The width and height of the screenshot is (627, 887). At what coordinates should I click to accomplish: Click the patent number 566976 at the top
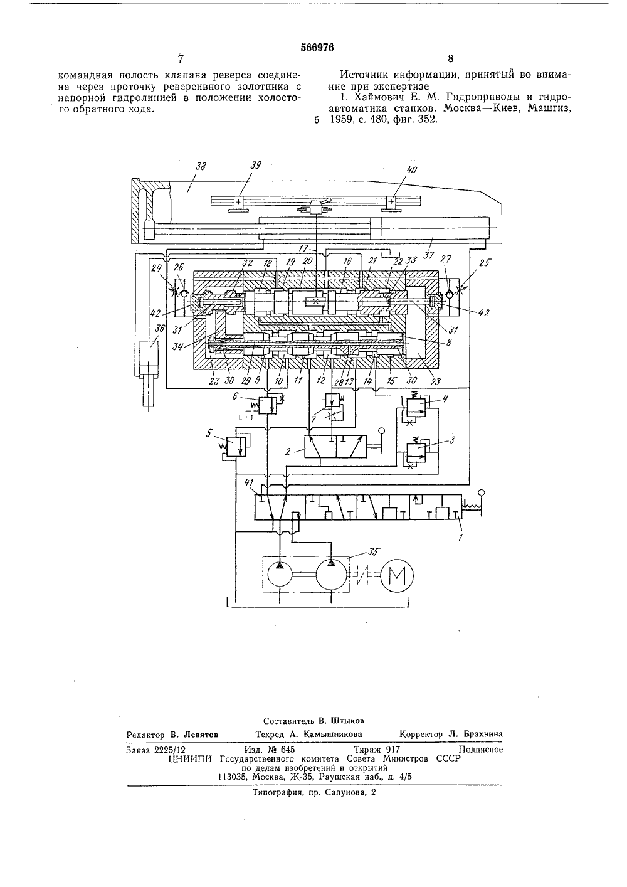pyautogui.click(x=317, y=48)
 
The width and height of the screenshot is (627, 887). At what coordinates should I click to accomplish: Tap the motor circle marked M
pyautogui.click(x=397, y=575)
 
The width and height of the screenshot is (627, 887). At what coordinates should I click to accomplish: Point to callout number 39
pyautogui.click(x=256, y=165)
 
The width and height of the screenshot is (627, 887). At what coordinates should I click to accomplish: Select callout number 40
pyautogui.click(x=411, y=170)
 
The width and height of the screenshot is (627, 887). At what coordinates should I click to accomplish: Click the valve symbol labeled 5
pyautogui.click(x=236, y=447)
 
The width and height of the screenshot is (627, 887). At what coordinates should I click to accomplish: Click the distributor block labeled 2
pyautogui.click(x=335, y=446)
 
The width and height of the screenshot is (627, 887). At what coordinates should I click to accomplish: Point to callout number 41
pyautogui.click(x=248, y=482)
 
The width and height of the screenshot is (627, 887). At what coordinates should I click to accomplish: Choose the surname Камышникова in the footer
pyautogui.click(x=333, y=734)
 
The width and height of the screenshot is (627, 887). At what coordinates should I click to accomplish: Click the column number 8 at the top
pyautogui.click(x=450, y=59)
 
